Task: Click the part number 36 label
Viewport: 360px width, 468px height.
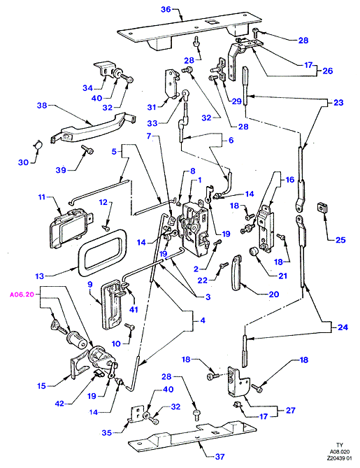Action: click(x=166, y=9)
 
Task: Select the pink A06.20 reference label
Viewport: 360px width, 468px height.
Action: click(x=22, y=295)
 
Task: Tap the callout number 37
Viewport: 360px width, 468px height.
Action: click(x=219, y=457)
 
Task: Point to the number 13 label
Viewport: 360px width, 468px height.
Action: click(x=40, y=276)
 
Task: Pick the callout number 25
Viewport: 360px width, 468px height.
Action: click(x=340, y=240)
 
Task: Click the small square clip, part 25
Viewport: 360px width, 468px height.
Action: click(x=322, y=206)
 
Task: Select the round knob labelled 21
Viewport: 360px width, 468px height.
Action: click(x=253, y=252)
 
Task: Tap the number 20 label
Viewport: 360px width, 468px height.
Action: click(x=273, y=295)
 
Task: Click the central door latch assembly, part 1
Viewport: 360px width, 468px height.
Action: click(x=193, y=229)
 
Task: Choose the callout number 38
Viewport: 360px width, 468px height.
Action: click(x=42, y=106)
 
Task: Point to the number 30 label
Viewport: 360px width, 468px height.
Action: click(x=23, y=162)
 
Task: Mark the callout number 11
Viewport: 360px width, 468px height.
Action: click(x=41, y=197)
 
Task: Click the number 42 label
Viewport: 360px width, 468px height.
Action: click(x=59, y=404)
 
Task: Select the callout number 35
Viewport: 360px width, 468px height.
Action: click(x=106, y=432)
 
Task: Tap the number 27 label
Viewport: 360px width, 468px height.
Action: click(x=291, y=411)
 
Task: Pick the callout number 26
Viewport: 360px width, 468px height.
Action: click(x=327, y=71)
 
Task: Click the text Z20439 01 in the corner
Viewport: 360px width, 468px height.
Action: click(x=340, y=458)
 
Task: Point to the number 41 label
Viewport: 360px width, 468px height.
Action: click(x=134, y=309)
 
